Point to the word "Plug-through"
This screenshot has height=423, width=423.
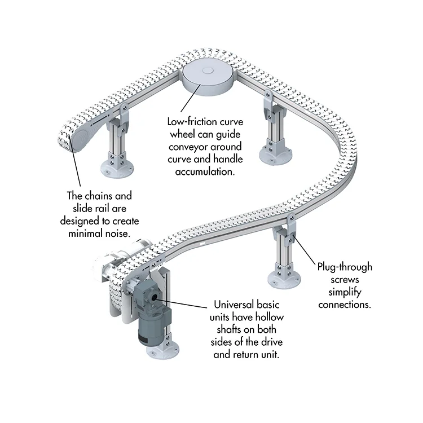(x=345, y=267)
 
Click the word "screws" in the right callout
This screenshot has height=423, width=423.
(x=345, y=280)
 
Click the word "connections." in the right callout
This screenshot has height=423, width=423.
(x=345, y=305)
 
